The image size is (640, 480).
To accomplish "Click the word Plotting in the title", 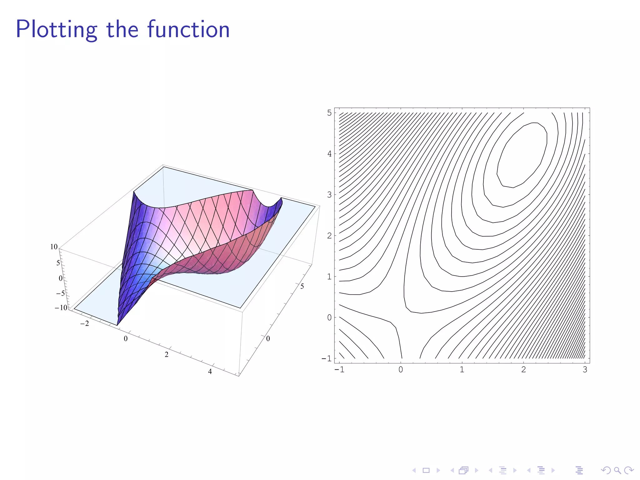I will tap(57, 30).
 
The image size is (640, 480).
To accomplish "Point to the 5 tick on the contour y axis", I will tap(329, 113).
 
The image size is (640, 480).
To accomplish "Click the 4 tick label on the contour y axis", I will tap(329, 154).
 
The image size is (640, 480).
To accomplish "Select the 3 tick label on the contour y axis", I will tap(329, 195).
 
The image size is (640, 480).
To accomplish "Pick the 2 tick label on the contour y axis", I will tap(329, 236).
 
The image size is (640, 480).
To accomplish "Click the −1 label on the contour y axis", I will tap(327, 358).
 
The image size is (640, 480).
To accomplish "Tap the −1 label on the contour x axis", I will tap(339, 370).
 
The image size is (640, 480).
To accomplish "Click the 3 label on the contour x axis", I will tap(585, 370).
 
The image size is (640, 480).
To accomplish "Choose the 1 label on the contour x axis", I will tap(462, 370).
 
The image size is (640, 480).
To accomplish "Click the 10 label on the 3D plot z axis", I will tap(54, 247).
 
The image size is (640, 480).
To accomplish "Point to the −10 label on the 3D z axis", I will tap(61, 307).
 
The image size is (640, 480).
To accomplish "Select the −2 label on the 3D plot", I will tap(84, 324).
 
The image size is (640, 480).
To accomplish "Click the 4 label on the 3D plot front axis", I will tap(210, 372).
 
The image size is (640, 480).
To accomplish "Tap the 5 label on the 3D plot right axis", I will tap(302, 286).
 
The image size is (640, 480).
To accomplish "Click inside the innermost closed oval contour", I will tap(522, 156).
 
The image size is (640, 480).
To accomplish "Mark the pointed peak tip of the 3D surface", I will tap(134, 192).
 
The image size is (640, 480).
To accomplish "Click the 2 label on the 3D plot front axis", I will tap(167, 355).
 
